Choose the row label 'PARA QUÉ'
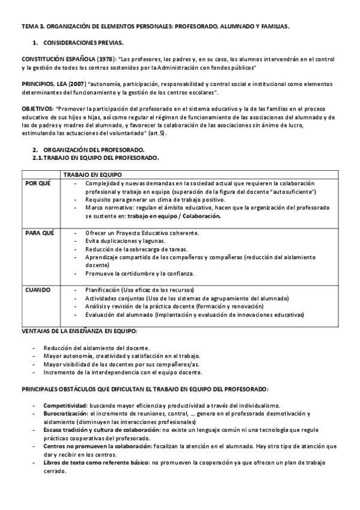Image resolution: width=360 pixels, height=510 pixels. (x=39, y=232)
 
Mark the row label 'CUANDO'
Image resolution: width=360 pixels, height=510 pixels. (x=37, y=289)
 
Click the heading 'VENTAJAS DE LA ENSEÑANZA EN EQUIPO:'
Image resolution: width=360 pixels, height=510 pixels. (x=79, y=331)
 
